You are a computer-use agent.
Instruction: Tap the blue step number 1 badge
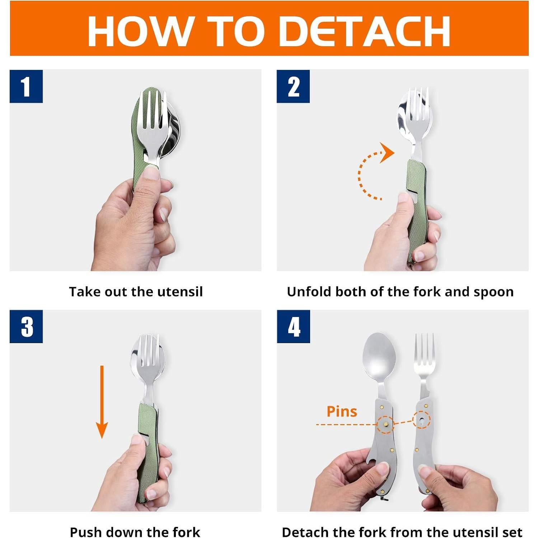click(26, 86)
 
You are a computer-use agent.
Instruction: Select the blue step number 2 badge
click(293, 86)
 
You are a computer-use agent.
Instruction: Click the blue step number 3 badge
click(26, 327)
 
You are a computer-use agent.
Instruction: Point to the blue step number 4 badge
click(293, 327)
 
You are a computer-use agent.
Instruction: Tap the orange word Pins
click(342, 411)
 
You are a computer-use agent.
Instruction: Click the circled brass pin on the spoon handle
click(385, 425)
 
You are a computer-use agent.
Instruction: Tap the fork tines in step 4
click(424, 350)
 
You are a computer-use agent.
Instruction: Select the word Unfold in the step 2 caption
click(309, 291)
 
